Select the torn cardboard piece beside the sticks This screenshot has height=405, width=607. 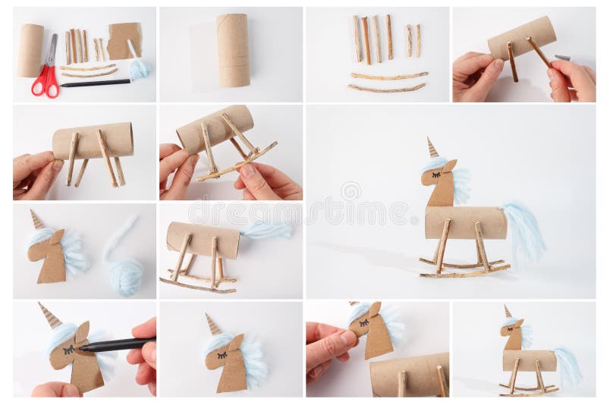coord(124,40)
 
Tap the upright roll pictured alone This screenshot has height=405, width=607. coord(233,50)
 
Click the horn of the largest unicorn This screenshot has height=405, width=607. coord(432,147)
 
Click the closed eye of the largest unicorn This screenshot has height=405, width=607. coord(436,174)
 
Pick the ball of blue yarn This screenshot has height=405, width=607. coord(125,275)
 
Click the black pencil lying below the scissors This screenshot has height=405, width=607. coord(96,83)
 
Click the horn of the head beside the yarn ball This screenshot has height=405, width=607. coord(36,219)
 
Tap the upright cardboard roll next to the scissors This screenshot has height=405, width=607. coord(31,50)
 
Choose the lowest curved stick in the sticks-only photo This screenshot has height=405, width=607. coord(386,88)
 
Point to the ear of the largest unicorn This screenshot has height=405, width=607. coord(450,165)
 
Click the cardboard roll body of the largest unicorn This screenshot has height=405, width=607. coord(465,222)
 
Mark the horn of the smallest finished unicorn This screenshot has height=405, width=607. coord(507,311)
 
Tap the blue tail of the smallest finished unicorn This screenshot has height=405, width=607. coord(568,367)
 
